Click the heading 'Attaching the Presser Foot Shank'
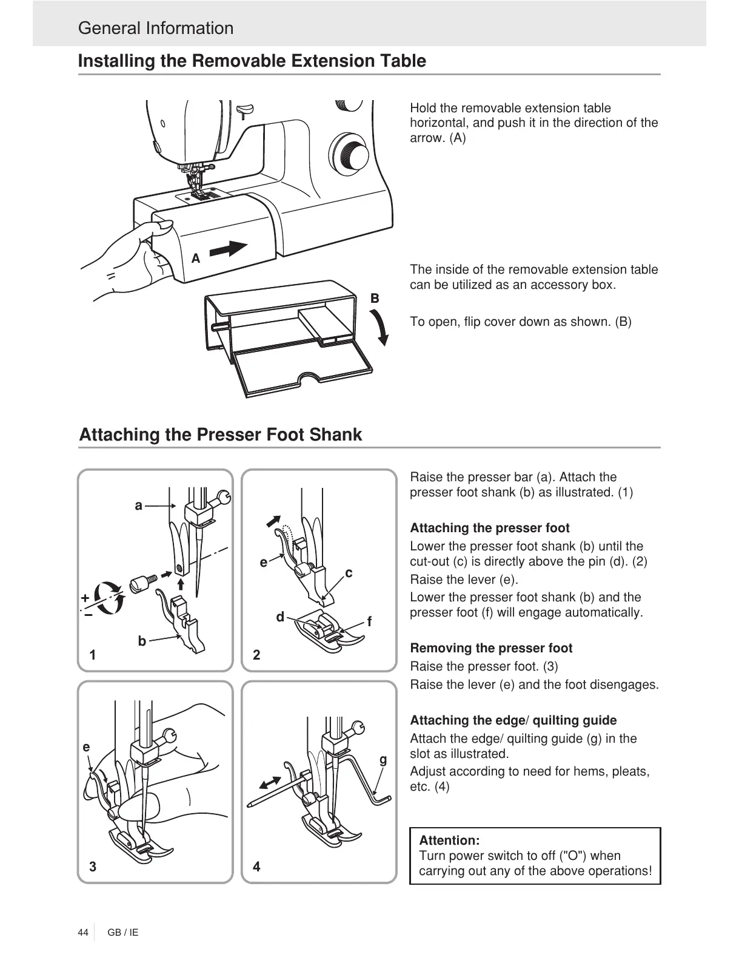221,434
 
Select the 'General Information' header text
156,28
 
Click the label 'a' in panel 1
139,505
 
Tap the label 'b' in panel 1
142,641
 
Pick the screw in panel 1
144,581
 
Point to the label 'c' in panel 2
349,573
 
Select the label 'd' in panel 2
280,617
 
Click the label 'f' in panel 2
369,623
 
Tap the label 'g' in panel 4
383,759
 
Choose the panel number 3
93,867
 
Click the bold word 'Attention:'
449,840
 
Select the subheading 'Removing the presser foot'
491,648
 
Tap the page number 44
83,932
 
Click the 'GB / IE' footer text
123,932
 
